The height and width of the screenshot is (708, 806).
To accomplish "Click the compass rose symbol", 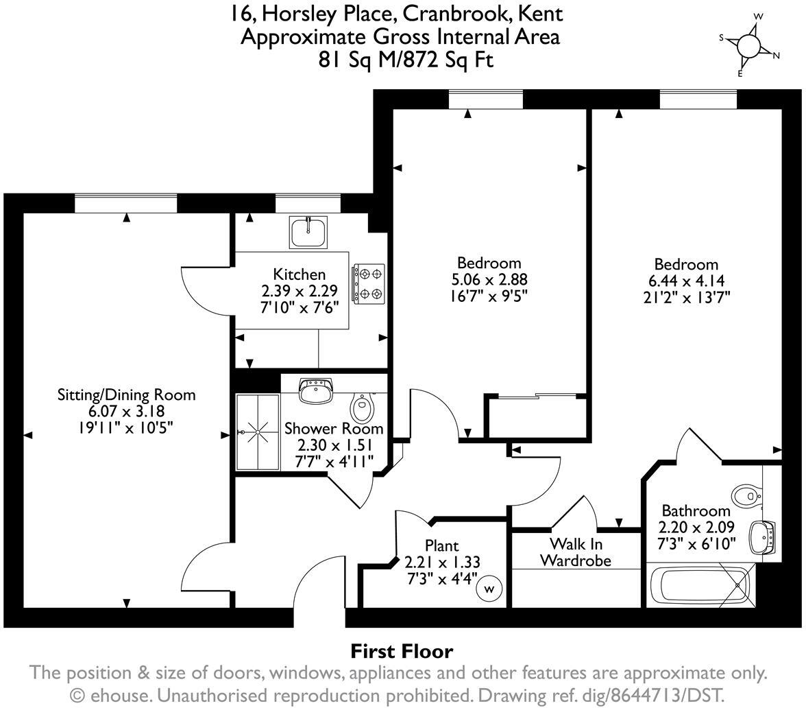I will point(748,45).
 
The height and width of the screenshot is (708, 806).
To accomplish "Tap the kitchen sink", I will point(308,233).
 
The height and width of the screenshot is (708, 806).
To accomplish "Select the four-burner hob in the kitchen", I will point(368,283).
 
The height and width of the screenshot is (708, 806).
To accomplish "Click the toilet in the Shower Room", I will point(361,408).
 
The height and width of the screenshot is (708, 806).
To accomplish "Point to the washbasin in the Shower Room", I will point(316,390).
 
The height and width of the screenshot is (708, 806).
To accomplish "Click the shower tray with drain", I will point(258,432).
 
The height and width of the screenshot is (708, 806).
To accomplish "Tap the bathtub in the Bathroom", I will point(700,587).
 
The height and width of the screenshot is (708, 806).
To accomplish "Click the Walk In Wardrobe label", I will point(576,552).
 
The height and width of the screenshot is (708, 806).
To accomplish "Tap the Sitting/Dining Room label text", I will point(126,395).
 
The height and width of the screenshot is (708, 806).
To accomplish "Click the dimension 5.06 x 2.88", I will point(489,279).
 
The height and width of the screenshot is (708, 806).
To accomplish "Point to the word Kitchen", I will point(300,274).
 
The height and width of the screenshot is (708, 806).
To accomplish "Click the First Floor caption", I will point(402,650).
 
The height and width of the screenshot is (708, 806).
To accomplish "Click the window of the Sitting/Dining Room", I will point(125,203).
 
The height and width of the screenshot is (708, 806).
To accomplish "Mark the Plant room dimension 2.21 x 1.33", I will point(442,562).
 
